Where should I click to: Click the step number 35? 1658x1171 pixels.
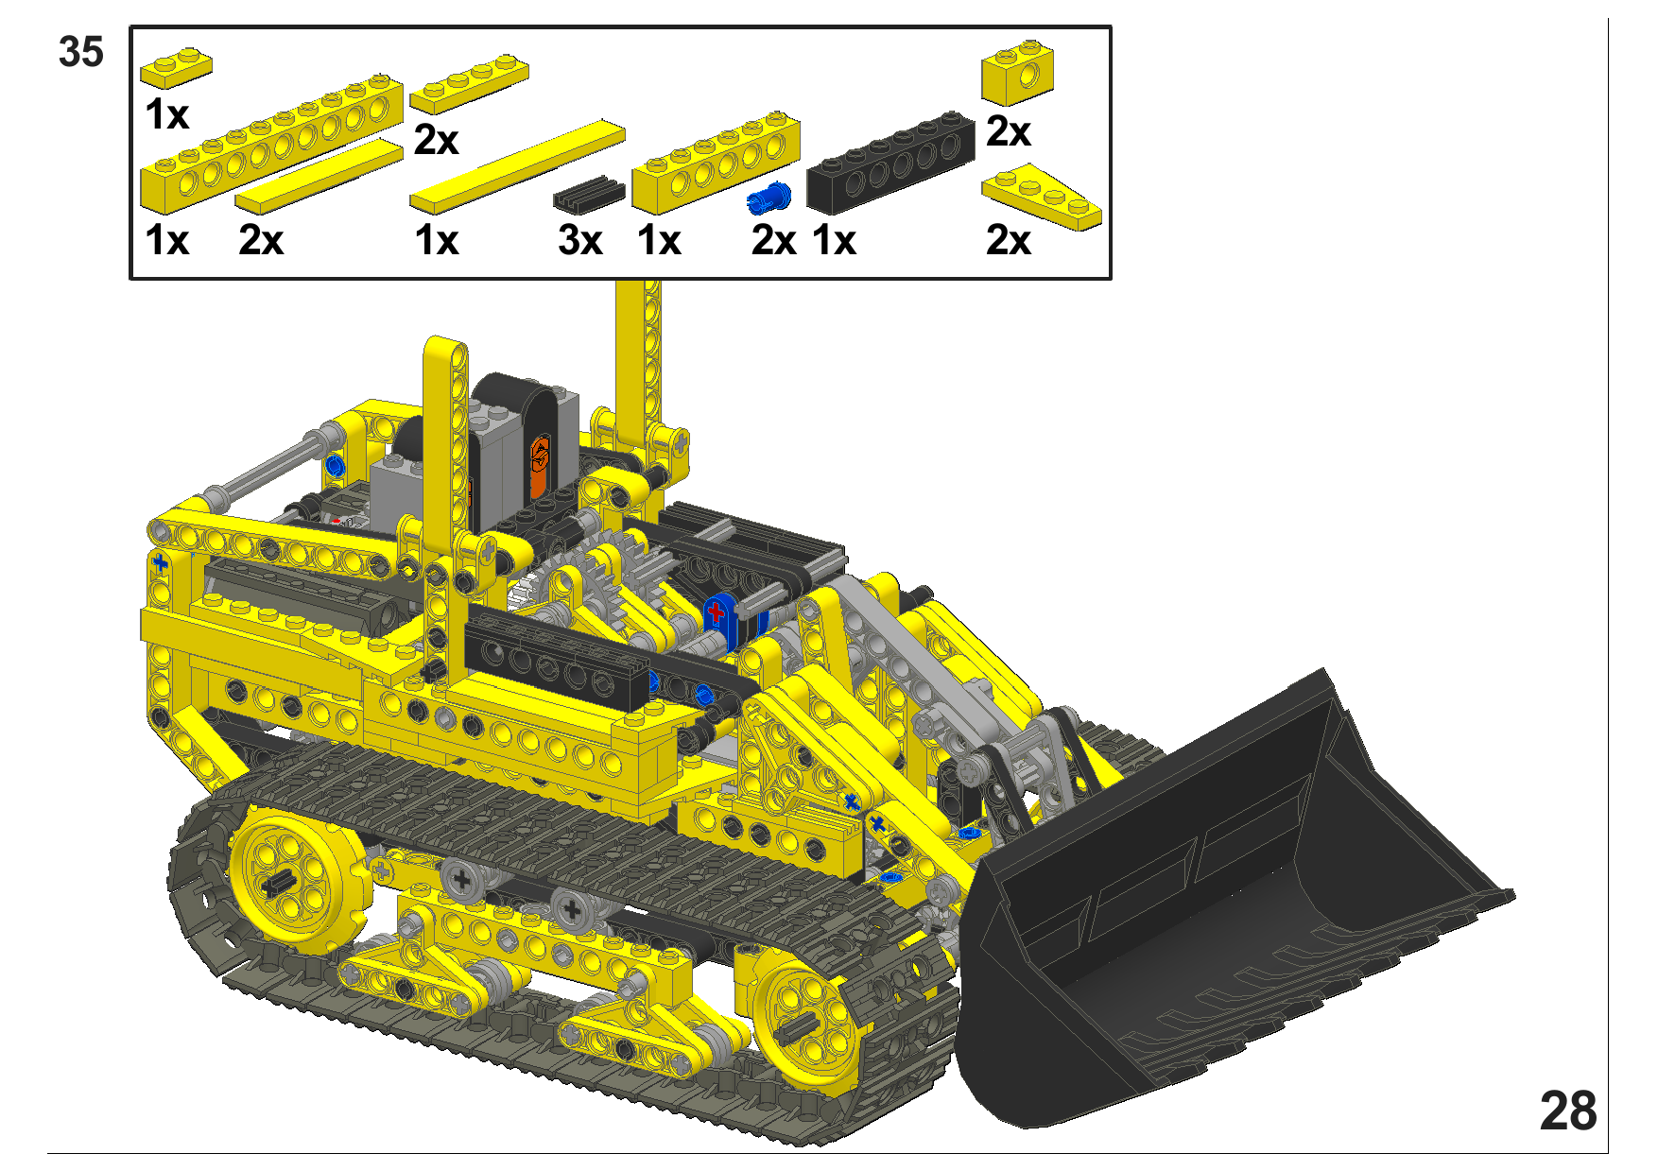[x=80, y=52]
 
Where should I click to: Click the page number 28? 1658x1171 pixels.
[x=1567, y=1111]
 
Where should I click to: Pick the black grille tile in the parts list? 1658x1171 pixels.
[x=589, y=194]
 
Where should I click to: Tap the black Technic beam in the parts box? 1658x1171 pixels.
[x=890, y=163]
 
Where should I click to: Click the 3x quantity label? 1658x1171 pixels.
[x=579, y=241]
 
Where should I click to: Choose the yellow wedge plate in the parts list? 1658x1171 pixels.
[x=1042, y=197]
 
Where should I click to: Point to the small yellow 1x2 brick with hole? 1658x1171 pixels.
[x=1017, y=72]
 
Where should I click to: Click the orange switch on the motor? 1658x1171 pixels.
[x=539, y=466]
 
